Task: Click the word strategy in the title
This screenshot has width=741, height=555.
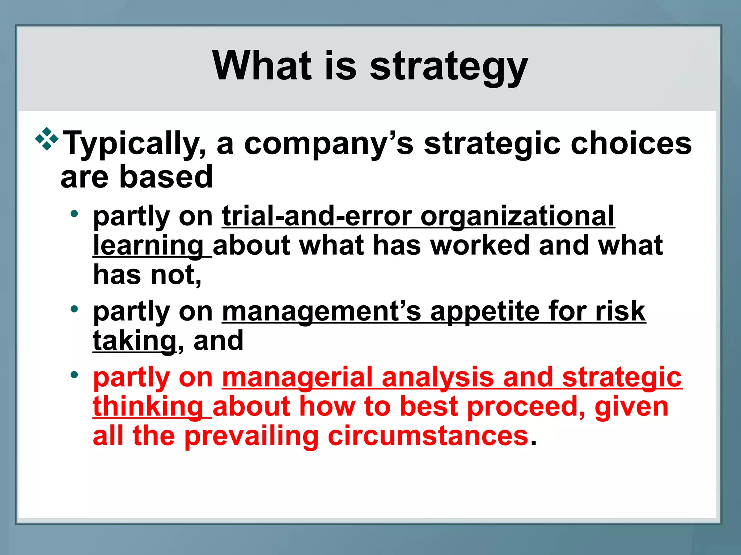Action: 449,67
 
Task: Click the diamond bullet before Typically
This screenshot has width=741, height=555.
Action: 47,139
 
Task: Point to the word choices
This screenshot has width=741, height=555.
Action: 631,143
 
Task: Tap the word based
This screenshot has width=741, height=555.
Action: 166,177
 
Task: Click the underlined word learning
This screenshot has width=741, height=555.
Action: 148,246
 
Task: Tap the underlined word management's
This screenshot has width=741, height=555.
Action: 322,311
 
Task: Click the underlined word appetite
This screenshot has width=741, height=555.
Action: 484,312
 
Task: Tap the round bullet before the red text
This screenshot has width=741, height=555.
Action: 75,375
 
